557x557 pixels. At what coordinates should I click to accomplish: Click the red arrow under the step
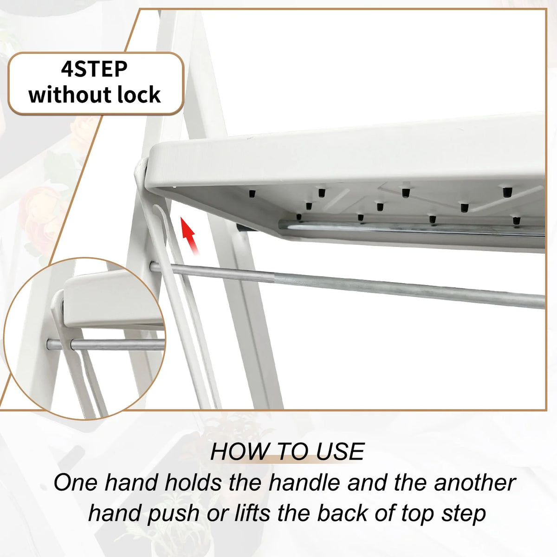(x=190, y=236)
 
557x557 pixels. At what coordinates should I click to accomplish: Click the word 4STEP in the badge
(x=94, y=69)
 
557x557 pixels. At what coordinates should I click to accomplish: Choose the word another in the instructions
(x=475, y=482)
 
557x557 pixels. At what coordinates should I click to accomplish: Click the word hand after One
(x=131, y=482)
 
